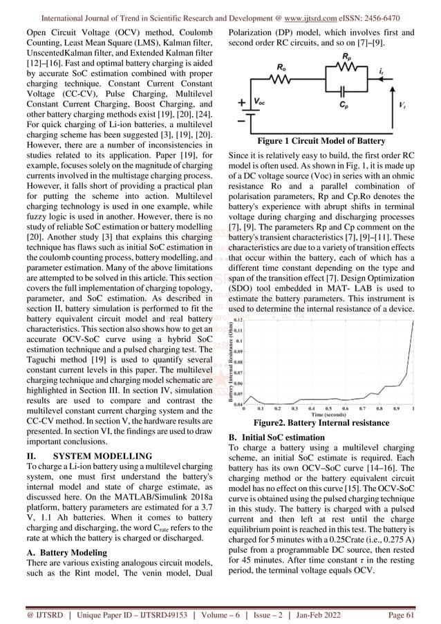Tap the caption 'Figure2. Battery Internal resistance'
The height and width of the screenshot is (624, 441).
(321, 423)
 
